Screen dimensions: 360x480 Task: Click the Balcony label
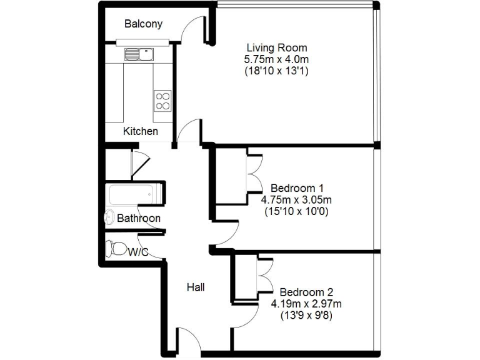pyautogui.click(x=143, y=24)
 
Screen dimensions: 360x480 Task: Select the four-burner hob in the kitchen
pyautogui.click(x=162, y=101)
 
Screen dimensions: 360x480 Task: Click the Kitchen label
pyautogui.click(x=140, y=131)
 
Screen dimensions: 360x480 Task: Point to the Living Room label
pyautogui.click(x=277, y=47)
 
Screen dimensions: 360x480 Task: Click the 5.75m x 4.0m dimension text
pyautogui.click(x=277, y=59)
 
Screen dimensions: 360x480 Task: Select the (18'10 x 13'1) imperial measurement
pyautogui.click(x=277, y=71)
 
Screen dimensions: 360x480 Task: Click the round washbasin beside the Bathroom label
pyautogui.click(x=109, y=218)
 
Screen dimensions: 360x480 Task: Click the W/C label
pyautogui.click(x=138, y=252)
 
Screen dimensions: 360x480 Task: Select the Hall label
pyautogui.click(x=196, y=287)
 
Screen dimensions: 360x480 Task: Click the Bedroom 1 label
pyautogui.click(x=297, y=188)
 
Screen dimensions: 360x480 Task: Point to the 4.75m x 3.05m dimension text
pyautogui.click(x=296, y=200)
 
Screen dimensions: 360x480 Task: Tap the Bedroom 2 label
pyautogui.click(x=306, y=292)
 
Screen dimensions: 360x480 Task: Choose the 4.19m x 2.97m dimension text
pyautogui.click(x=306, y=304)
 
